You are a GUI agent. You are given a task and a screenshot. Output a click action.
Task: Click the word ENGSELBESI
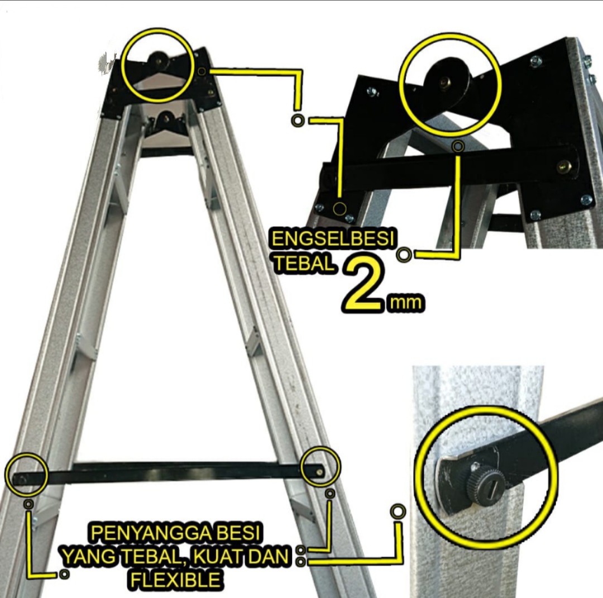tap(333, 239)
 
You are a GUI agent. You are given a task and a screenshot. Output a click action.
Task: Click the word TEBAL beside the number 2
tap(304, 264)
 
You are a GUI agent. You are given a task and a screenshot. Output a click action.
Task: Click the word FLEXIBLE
tap(176, 579)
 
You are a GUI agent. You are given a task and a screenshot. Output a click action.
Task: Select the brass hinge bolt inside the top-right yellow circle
tap(446, 82)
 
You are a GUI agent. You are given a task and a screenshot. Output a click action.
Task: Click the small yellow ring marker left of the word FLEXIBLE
tap(64, 574)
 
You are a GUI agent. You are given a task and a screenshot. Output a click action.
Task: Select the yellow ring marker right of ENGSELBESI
tap(404, 254)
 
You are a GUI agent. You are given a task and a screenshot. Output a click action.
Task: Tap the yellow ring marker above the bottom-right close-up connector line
tap(398, 511)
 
